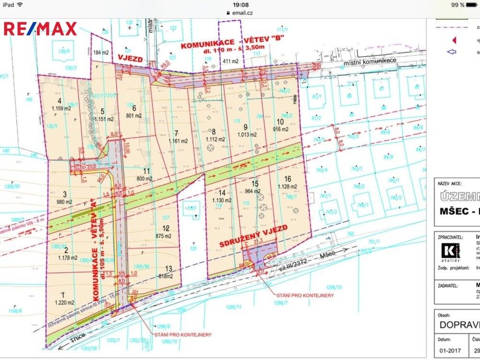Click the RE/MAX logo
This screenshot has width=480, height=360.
click(x=40, y=29)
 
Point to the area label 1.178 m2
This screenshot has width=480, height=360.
click(x=67, y=257)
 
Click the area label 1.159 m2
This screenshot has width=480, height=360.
click(x=61, y=108)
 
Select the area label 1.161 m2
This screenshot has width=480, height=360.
click(x=178, y=141)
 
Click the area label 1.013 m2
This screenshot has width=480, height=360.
click(x=247, y=135)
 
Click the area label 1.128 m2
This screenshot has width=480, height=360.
click(x=288, y=187)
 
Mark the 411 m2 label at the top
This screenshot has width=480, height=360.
click(x=231, y=61)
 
